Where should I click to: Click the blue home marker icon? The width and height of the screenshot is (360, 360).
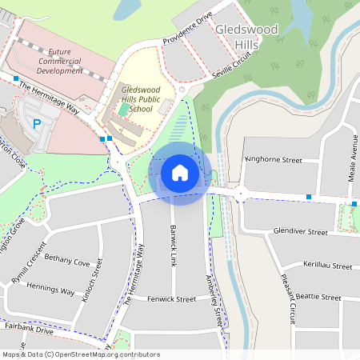point(180,173)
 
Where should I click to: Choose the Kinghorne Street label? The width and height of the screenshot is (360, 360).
point(274,160)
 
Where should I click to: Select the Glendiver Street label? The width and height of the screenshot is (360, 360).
point(301,232)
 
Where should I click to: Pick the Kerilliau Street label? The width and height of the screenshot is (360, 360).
point(327,265)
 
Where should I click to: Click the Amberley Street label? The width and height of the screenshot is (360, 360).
point(213,301)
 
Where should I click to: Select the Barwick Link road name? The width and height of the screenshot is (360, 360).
point(172,245)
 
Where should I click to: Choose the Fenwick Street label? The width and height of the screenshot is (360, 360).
point(171,299)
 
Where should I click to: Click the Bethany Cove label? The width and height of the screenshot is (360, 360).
point(67,261)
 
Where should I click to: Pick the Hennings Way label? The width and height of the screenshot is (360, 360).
point(50,289)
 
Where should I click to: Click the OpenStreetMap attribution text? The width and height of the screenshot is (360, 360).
point(80,354)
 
